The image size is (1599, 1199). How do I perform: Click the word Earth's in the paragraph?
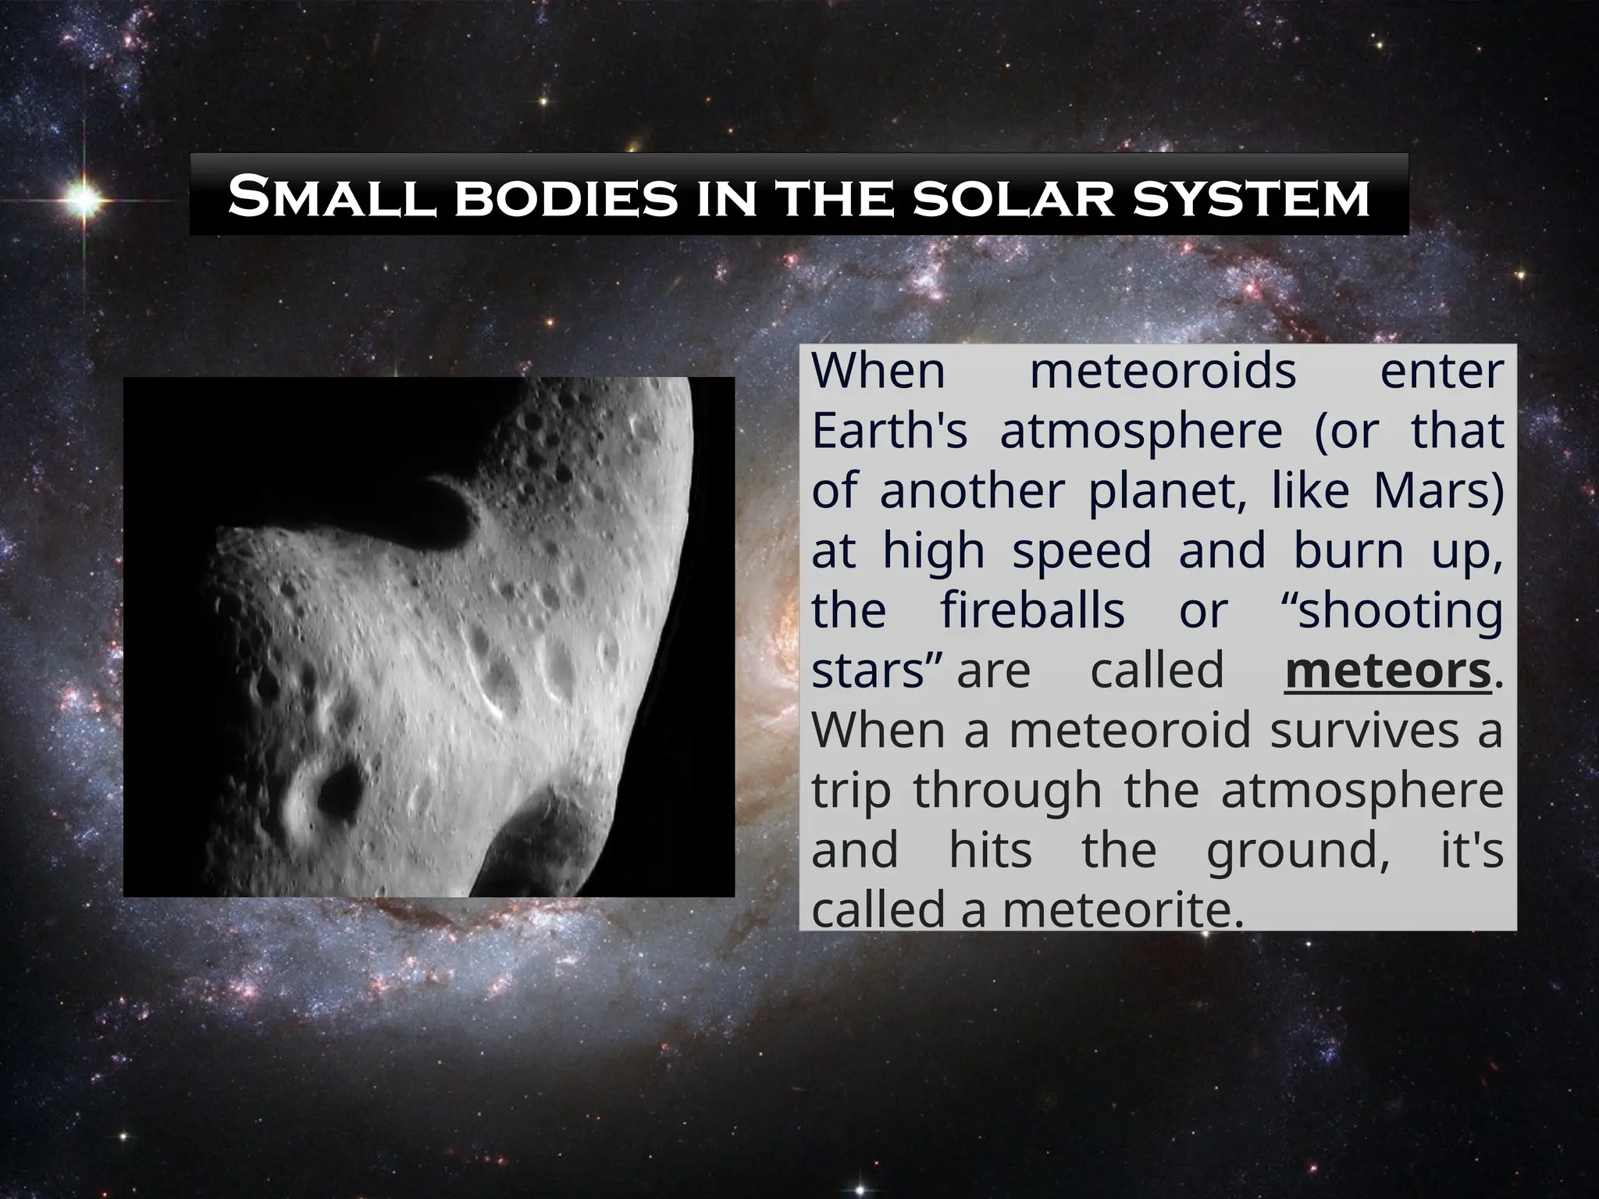889,431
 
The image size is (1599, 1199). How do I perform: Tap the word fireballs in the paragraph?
1032,611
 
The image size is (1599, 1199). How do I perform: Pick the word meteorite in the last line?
1121,910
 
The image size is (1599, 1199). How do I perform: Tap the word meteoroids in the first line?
1163,371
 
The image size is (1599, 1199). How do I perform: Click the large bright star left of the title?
84,201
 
